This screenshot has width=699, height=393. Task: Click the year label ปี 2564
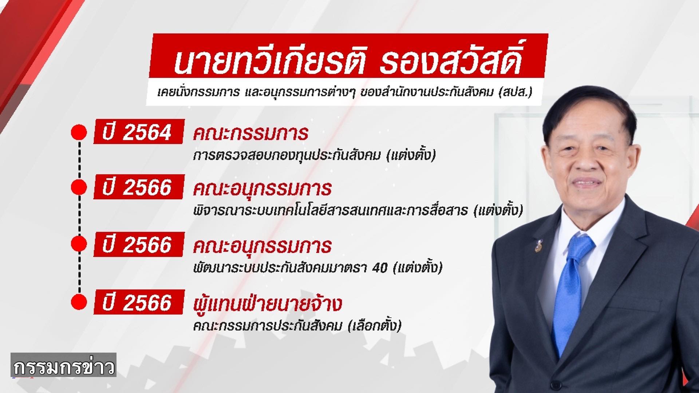[x=138, y=132]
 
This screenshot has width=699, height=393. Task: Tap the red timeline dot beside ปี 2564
[x=79, y=133]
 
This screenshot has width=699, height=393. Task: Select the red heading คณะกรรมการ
[x=250, y=133]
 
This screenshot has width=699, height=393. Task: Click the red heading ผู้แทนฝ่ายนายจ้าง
[x=267, y=304]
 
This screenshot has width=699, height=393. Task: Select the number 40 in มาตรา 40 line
[x=381, y=268]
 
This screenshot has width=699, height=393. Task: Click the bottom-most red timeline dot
[x=79, y=302]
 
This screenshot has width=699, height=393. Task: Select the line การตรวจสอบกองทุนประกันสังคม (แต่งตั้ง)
[x=314, y=155]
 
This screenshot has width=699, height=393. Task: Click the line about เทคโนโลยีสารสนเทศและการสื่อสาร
[x=358, y=211]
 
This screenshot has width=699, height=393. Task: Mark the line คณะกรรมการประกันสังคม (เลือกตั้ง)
[x=297, y=325]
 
